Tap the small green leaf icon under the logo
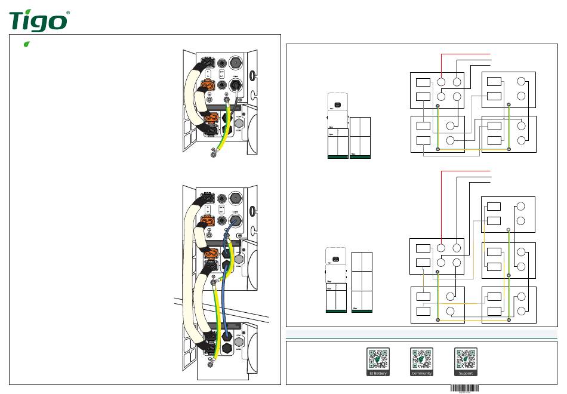click(26, 44)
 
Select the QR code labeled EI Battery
click(377, 359)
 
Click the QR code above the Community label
click(421, 359)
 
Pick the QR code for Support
click(466, 359)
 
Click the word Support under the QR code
click(466, 374)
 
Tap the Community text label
click(421, 374)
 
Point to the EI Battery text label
click(377, 374)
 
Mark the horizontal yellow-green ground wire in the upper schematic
click(473, 149)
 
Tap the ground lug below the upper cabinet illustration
click(214, 156)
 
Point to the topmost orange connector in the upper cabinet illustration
click(209, 85)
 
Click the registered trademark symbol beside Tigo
click(67, 13)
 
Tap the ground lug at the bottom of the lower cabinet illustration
click(209, 362)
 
